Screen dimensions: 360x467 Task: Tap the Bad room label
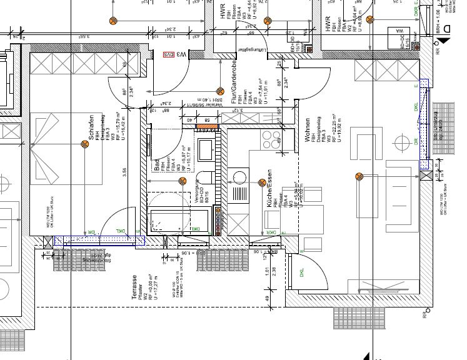pyautogui.click(x=157, y=166)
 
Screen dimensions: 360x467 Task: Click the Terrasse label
pyautogui.click(x=134, y=289)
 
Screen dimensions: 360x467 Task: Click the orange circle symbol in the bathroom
pyautogui.click(x=182, y=181)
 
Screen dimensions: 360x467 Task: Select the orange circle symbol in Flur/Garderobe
pyautogui.click(x=219, y=91)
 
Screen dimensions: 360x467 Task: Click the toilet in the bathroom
pyautogui.click(x=205, y=148)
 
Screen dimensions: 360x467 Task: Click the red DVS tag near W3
pyautogui.click(x=168, y=55)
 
